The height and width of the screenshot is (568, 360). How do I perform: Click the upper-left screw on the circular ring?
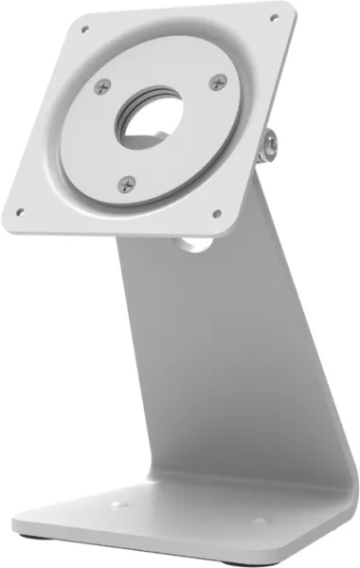click(x=103, y=86)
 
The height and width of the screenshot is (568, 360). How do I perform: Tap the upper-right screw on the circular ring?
click(x=218, y=82)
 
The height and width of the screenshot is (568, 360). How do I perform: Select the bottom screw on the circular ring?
click(x=127, y=183)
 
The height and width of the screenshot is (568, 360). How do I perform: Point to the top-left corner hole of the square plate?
click(x=84, y=29)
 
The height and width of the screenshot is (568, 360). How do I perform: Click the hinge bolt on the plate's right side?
click(x=272, y=143)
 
